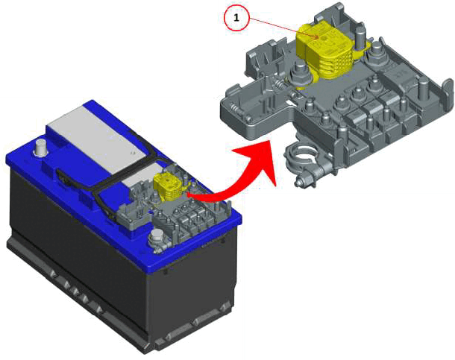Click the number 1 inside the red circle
[236, 18]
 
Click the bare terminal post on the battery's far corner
[41, 148]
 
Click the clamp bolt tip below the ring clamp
[298, 183]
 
